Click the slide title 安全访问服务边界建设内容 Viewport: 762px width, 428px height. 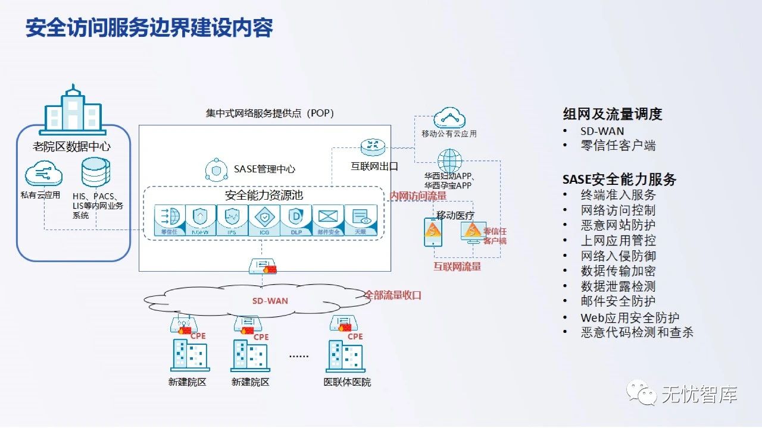click(149, 27)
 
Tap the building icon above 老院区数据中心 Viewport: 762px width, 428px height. click(73, 111)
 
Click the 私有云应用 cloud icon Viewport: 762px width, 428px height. click(43, 174)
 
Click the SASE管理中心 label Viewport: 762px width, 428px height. click(264, 169)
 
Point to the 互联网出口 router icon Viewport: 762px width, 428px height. click(373, 147)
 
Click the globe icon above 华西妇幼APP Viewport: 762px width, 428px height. click(449, 160)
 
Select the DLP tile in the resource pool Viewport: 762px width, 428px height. click(296, 221)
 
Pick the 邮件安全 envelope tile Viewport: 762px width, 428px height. click(328, 221)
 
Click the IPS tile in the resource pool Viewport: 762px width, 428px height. click(232, 221)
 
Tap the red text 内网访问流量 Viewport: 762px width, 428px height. click(418, 196)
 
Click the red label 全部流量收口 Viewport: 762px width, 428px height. click(393, 294)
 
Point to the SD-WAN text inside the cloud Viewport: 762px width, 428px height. click(270, 301)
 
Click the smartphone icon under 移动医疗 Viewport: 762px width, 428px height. click(433, 232)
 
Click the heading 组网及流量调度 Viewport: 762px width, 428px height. click(613, 114)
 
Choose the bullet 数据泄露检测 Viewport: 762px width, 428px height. click(618, 286)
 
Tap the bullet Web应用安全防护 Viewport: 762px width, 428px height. click(630, 317)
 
